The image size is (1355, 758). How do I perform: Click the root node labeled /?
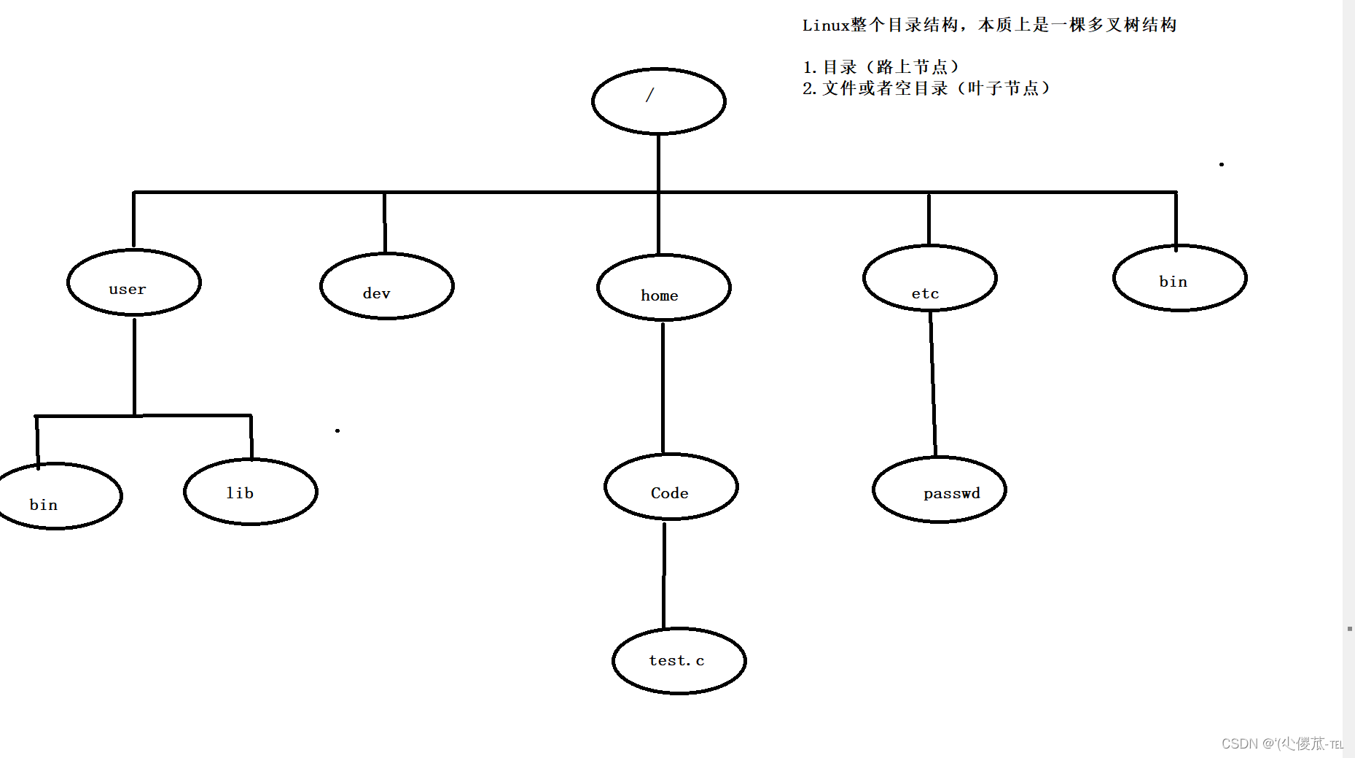click(658, 101)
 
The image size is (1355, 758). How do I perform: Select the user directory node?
click(134, 283)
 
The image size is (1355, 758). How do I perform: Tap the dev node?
click(387, 286)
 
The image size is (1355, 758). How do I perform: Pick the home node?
click(663, 287)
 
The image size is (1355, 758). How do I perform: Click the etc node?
click(929, 278)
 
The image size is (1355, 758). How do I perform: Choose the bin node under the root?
click(1179, 278)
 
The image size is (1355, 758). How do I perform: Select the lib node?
click(250, 492)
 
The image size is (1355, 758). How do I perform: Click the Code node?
click(671, 487)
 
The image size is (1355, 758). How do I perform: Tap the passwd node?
click(939, 490)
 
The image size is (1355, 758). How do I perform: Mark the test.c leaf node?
click(679, 661)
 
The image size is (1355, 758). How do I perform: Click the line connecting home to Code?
click(663, 387)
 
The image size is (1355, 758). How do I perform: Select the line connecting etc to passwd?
click(933, 383)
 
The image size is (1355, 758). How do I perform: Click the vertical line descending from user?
click(135, 365)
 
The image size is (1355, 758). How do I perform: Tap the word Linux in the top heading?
click(826, 26)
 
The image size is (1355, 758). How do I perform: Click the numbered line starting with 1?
click(880, 67)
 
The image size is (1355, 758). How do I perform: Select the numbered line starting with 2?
click(926, 88)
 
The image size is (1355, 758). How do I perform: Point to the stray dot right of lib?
click(337, 430)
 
